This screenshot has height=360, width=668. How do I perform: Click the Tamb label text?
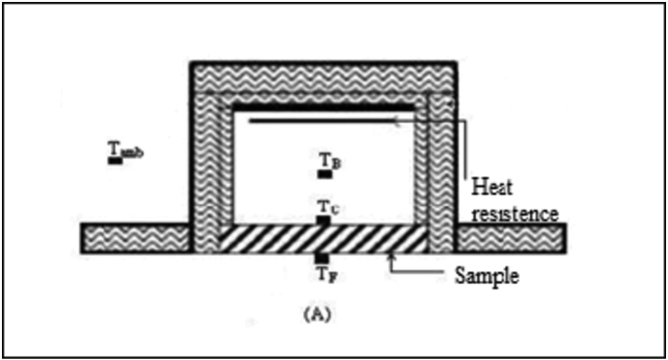coord(125,148)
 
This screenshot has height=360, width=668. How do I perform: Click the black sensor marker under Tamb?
coord(116,159)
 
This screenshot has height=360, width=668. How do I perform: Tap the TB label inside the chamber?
coord(330,162)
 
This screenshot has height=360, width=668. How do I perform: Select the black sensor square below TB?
coord(325,175)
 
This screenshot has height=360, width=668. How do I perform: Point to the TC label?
coord(328,208)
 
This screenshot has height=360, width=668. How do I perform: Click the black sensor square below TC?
coord(324,220)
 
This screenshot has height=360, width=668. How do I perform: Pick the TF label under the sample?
coord(326,272)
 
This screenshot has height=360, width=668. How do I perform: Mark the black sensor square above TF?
coord(322,258)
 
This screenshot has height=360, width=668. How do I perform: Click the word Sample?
coord(485,275)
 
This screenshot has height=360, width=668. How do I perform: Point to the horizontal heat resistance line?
coord(322,121)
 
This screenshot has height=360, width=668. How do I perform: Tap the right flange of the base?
coord(511,237)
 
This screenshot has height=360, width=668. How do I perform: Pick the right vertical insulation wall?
coord(434,166)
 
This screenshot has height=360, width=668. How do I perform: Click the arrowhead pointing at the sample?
coord(392,256)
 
